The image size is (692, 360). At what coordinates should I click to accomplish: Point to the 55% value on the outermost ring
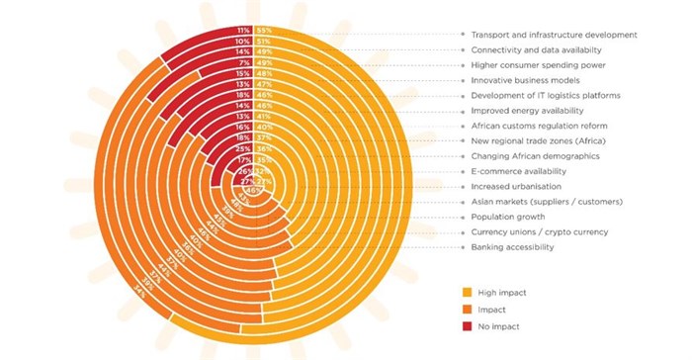tap(264, 31)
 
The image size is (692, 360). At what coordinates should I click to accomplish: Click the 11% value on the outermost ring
tap(243, 31)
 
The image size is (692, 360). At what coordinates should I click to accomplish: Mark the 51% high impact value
tap(264, 42)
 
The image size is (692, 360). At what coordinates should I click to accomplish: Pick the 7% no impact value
tap(244, 63)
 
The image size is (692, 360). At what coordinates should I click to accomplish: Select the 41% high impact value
tap(264, 116)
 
